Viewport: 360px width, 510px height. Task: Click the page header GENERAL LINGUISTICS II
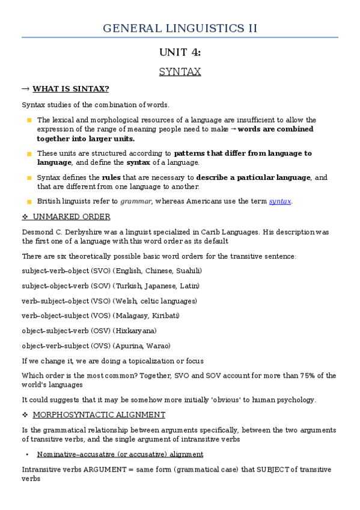180,28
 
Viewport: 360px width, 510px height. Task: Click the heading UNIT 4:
180,52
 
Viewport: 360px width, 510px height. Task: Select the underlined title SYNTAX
180,72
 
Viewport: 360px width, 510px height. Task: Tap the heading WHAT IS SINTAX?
70,90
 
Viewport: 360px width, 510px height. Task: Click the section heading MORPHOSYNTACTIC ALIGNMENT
99,414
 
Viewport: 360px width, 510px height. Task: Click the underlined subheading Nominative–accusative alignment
120,454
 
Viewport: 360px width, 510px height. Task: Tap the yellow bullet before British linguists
29,201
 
